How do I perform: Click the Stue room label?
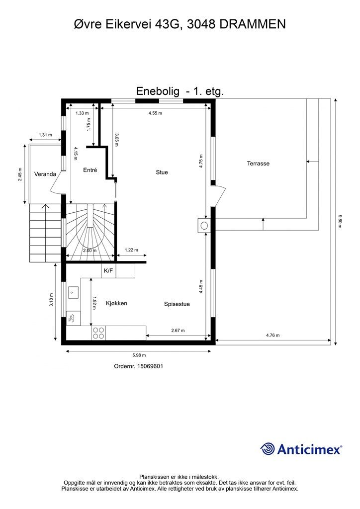click(x=162, y=172)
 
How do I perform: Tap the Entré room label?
click(x=90, y=170)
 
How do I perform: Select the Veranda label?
click(x=44, y=174)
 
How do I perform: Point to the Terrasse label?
click(x=258, y=164)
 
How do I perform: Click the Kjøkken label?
click(x=117, y=303)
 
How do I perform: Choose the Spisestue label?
click(x=177, y=304)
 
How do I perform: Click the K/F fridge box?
click(x=108, y=271)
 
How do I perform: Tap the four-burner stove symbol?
click(x=98, y=333)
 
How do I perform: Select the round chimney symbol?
click(x=204, y=226)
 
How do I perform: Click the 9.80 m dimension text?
click(x=340, y=221)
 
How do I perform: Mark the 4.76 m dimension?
click(x=272, y=335)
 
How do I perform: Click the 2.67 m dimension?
click(x=178, y=331)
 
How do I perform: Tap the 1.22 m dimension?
click(x=131, y=250)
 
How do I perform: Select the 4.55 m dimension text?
click(x=155, y=113)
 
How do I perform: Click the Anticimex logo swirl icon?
click(x=268, y=449)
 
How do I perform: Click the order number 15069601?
click(x=139, y=366)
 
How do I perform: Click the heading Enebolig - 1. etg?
click(x=180, y=91)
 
